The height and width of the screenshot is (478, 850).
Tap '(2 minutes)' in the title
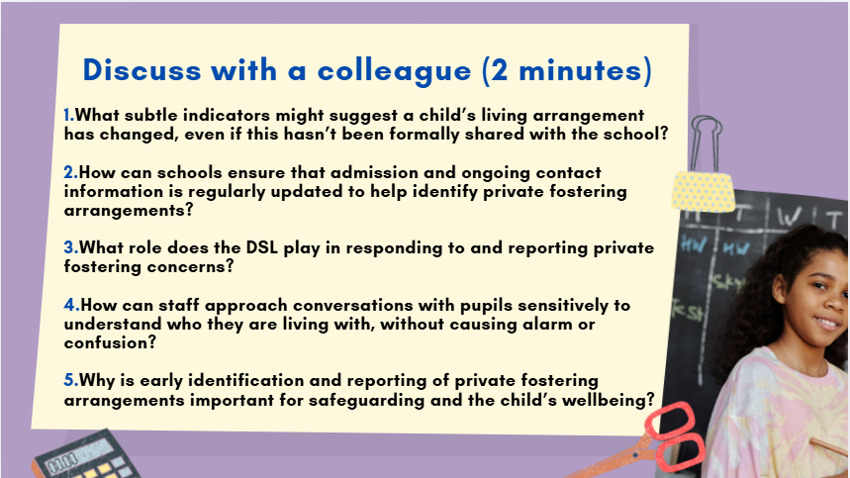click(559, 71)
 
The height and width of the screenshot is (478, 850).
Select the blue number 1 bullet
click(68, 116)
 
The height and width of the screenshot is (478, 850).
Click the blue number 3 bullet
click(69, 247)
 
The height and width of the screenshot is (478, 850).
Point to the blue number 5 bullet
click(69, 381)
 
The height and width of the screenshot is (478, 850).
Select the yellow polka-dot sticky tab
click(704, 189)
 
